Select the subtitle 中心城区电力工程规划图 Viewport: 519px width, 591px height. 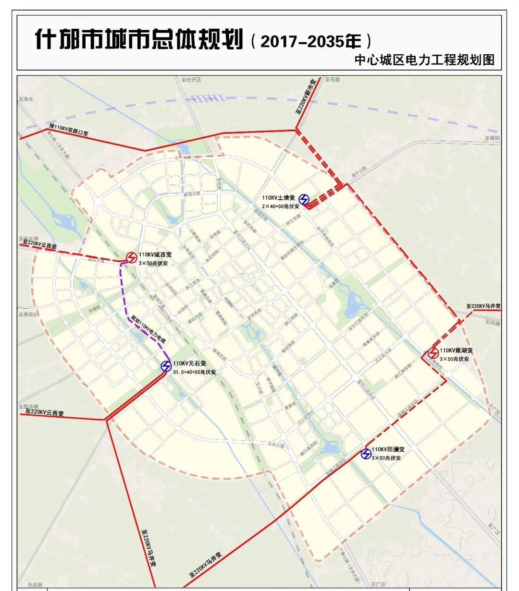[424, 60]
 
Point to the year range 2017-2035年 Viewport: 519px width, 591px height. [310, 41]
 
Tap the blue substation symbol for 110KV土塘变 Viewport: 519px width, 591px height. [304, 199]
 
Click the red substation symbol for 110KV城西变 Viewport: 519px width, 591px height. [131, 258]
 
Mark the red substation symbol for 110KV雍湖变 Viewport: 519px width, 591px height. [433, 353]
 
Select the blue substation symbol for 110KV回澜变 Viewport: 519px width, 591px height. [366, 453]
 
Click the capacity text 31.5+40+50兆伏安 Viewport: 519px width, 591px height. [194, 372]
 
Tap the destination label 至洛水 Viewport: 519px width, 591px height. [26, 99]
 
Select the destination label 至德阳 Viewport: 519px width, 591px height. [491, 138]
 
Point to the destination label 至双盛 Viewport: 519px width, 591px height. [332, 80]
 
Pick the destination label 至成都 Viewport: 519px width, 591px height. [35, 585]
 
